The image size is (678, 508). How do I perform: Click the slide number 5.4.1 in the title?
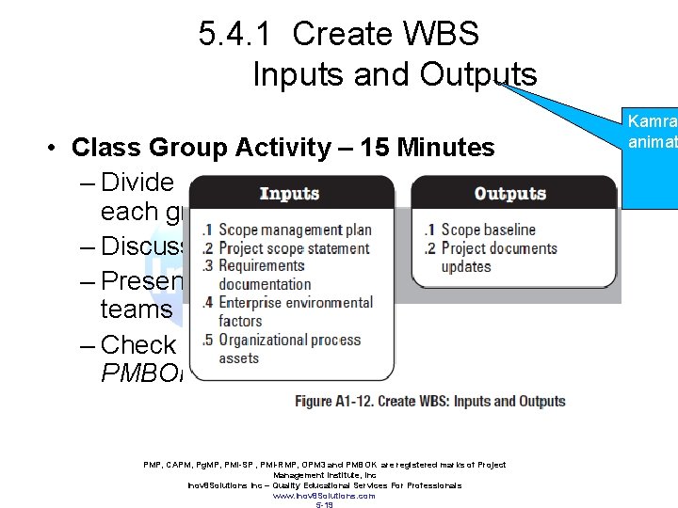235,35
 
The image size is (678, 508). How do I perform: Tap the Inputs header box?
289,194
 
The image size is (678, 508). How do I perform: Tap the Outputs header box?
509,194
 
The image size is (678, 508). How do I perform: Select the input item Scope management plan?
295,230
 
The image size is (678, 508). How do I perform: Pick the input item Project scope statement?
294,248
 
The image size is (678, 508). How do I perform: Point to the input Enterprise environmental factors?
295,311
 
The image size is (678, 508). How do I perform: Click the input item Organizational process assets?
289,348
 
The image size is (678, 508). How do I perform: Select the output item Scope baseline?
488,230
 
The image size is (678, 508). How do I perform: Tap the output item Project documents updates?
498,257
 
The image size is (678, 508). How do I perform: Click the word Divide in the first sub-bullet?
137,182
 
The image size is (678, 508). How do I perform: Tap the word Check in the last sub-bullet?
138,344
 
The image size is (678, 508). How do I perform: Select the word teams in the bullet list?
137,310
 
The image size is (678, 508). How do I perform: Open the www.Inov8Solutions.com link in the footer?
324,495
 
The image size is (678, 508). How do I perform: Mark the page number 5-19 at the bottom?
324,504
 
